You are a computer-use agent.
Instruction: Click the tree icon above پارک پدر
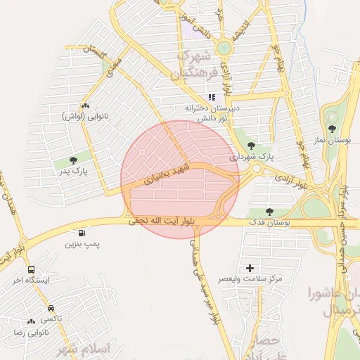pyautogui.click(x=74, y=161)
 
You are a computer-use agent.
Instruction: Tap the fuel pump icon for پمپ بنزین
pyautogui.click(x=84, y=233)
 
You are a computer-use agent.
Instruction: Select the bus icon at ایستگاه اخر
pyautogui.click(x=31, y=269)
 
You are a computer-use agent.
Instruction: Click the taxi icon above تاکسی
pyautogui.click(x=51, y=308)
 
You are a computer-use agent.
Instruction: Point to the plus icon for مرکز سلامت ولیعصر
pyautogui.click(x=250, y=268)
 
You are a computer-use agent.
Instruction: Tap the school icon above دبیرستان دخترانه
pyautogui.click(x=211, y=98)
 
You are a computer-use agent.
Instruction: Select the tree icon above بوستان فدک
pyautogui.click(x=269, y=211)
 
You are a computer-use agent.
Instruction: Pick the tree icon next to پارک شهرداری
pyautogui.click(x=251, y=146)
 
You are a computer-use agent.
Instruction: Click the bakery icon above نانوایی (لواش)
pyautogui.click(x=84, y=105)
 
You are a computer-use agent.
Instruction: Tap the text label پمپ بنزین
pyautogui.click(x=83, y=244)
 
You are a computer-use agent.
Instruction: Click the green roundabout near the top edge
pyautogui.click(x=224, y=48)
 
